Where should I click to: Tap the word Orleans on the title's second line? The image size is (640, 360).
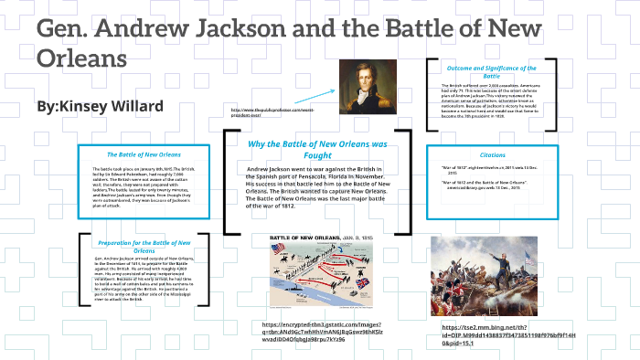[x=81, y=58]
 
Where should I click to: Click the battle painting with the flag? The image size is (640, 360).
[x=485, y=275]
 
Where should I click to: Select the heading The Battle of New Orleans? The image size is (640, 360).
[x=144, y=154]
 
